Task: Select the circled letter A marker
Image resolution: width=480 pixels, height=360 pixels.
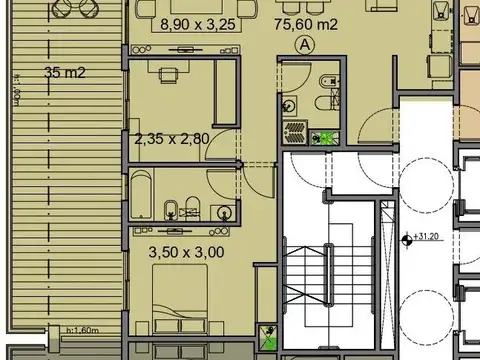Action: pos(304,44)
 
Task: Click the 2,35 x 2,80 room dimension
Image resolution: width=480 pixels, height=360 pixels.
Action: pos(171,139)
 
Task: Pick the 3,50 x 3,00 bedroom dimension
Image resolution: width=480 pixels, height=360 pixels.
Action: pos(185,254)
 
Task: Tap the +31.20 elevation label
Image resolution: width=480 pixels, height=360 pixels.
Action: pos(431,238)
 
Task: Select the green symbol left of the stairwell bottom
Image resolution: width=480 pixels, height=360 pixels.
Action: pos(268,337)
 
